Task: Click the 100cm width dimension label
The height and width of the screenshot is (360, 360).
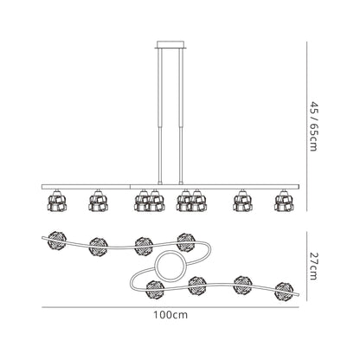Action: tap(170, 315)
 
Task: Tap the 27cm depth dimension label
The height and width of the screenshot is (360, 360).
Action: tap(313, 266)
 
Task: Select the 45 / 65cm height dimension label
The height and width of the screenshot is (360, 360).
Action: tap(313, 126)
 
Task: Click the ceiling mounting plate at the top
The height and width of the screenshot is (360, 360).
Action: tap(170, 45)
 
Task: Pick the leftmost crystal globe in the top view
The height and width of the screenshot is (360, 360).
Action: tap(57, 240)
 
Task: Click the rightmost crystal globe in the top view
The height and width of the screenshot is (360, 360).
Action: tap(284, 292)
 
